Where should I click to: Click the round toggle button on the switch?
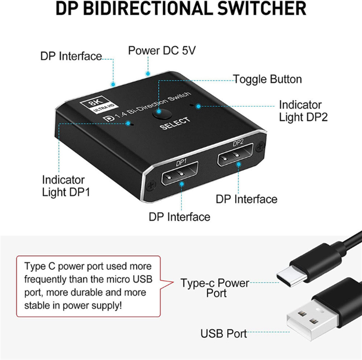click(162, 114)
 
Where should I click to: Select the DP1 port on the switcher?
click(180, 173)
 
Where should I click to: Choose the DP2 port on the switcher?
click(235, 155)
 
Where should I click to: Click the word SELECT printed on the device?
click(175, 123)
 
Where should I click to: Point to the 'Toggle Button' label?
click(267, 79)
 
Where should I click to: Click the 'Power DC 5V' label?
click(162, 51)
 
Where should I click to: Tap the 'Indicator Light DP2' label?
click(303, 111)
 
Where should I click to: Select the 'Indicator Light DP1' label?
click(66, 186)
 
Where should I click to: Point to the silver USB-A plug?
click(312, 320)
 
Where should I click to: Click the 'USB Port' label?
click(224, 333)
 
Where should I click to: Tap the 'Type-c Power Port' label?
click(215, 288)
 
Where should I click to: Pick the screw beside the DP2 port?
click(261, 146)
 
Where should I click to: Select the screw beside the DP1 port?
click(151, 185)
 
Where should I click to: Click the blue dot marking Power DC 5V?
click(148, 74)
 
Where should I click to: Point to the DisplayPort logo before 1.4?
click(109, 119)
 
